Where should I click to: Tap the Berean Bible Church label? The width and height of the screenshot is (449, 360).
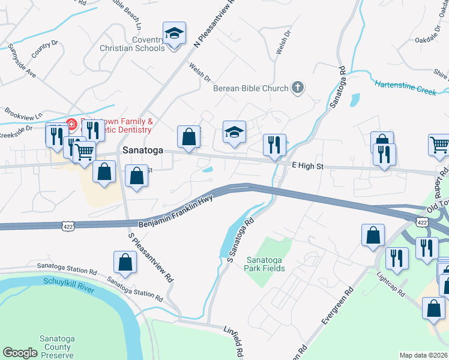[251, 88]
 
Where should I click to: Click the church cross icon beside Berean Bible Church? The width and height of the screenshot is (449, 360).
[297, 88]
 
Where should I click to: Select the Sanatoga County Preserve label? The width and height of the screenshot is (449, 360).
[58, 347]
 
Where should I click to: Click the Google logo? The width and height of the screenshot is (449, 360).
[20, 353]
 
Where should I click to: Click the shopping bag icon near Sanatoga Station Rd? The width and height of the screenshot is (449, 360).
[125, 262]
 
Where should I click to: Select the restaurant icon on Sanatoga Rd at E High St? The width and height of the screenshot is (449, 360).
[274, 144]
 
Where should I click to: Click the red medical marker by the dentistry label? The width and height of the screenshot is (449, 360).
[70, 124]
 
